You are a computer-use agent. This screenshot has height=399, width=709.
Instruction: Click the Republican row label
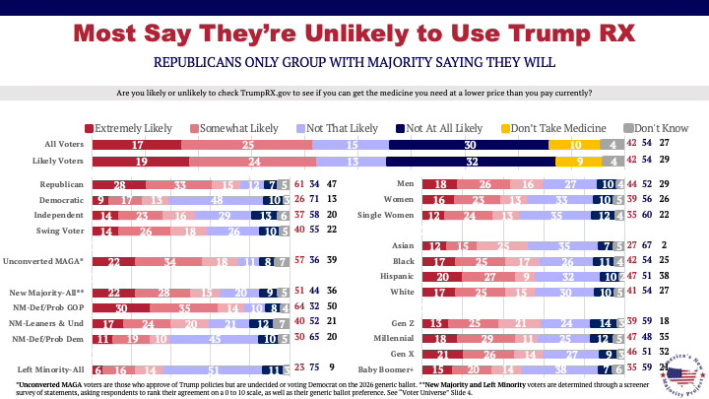(x=60, y=185)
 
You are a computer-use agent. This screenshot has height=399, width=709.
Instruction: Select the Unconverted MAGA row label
(x=47, y=262)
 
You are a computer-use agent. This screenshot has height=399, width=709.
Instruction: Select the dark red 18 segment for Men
(x=443, y=185)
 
